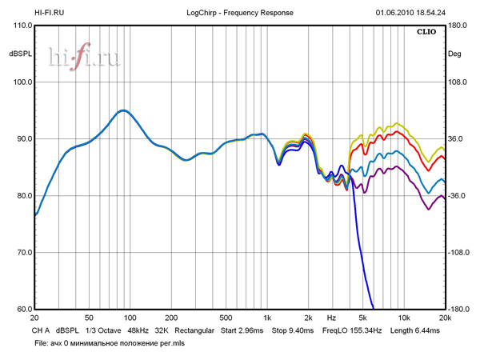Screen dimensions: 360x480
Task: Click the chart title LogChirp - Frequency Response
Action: point(240,13)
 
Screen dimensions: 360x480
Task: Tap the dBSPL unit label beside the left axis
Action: point(19,54)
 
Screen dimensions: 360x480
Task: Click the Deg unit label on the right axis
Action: point(455,54)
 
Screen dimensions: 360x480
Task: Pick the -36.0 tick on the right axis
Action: point(458,196)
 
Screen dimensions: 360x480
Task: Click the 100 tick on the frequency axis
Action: point(130,318)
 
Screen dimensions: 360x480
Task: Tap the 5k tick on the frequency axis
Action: point(362,318)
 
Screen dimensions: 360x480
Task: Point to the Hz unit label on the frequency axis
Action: point(330,318)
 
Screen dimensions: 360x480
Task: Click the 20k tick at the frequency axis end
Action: point(446,318)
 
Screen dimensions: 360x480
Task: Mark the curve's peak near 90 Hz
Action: point(122,110)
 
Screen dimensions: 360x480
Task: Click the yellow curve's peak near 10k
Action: point(398,124)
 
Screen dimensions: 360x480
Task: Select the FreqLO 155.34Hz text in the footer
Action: point(352,330)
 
